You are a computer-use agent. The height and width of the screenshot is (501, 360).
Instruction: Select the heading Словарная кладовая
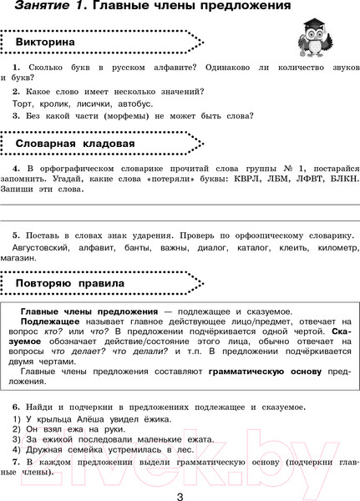tap(75, 144)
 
